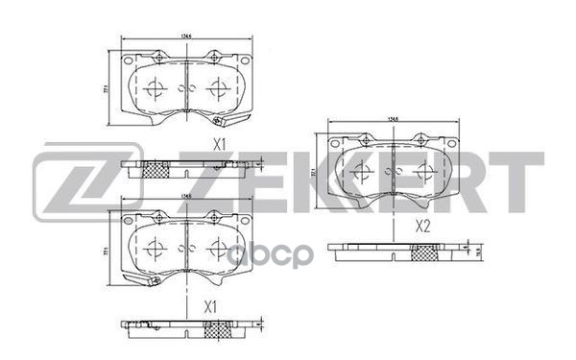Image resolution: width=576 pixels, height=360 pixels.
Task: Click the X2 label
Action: [422, 227]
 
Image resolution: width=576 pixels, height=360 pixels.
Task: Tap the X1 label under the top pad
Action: [218, 145]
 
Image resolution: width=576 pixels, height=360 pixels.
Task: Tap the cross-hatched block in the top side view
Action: [156, 171]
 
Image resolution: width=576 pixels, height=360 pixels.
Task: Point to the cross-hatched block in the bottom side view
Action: [219, 330]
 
